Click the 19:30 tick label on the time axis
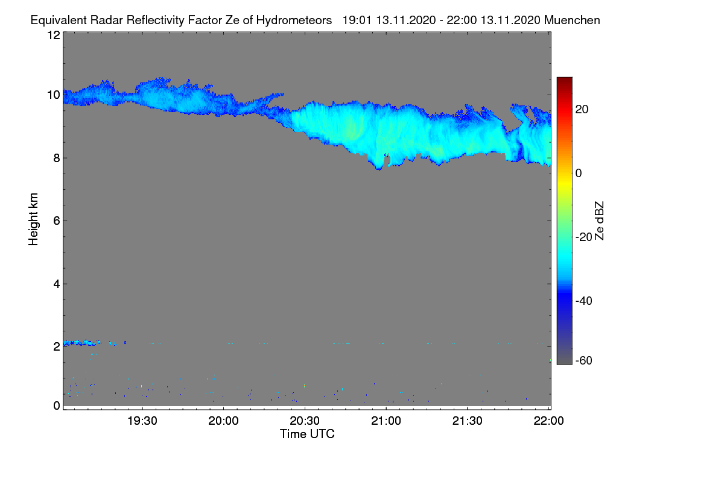142,421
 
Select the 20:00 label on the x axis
223,421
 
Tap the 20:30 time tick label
305,421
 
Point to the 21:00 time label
386,421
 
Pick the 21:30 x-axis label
468,421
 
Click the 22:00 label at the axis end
548,421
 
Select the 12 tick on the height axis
54,35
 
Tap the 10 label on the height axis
54,95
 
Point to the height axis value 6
57,221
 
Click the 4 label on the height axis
57,284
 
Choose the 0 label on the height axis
57,405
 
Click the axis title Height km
33,219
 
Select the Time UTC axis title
307,434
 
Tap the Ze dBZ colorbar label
599,221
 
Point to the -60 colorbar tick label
584,360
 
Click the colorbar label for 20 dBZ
582,110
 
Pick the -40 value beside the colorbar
584,301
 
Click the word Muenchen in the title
572,20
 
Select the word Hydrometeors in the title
294,20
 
